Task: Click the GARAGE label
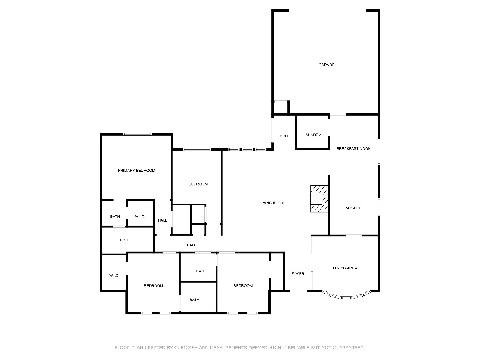tap(326, 65)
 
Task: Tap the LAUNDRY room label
tap(312, 135)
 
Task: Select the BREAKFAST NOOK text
tap(353, 148)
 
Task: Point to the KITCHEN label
tap(353, 208)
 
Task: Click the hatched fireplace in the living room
tap(319, 199)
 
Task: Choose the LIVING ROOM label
tap(272, 203)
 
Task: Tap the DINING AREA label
tap(345, 268)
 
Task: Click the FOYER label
tap(298, 274)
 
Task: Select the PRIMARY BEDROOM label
tap(136, 171)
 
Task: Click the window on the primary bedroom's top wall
tap(137, 134)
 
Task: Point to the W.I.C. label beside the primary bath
tap(140, 216)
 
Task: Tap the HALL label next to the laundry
tap(284, 136)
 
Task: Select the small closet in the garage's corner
tap(281, 107)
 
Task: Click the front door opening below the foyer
tap(298, 291)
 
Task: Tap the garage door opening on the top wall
tap(327, 10)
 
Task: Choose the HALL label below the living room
tap(191, 245)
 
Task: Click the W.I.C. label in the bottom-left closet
tap(114, 275)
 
